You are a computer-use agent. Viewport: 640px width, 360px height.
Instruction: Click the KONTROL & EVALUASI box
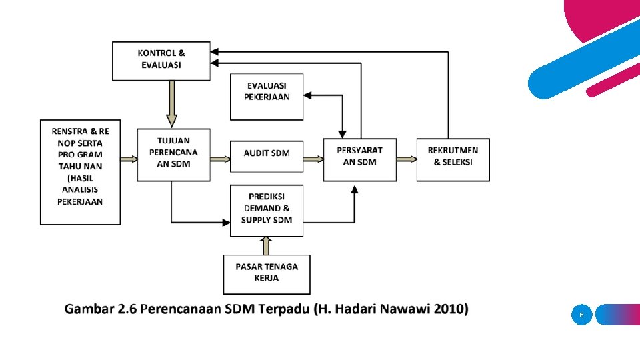point(161,61)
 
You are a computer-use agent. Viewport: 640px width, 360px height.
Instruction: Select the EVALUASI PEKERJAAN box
point(267,97)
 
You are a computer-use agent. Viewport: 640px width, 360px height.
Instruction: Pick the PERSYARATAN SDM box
point(359,159)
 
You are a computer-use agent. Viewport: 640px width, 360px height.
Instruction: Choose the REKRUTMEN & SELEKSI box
point(453,159)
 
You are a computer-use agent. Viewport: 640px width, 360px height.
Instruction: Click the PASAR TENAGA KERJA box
point(267,274)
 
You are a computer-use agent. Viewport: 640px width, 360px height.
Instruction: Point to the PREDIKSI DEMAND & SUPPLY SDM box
point(267,211)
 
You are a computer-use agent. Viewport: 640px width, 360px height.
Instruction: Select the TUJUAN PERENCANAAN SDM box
point(173,155)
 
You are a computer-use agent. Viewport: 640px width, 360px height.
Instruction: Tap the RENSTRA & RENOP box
point(81,172)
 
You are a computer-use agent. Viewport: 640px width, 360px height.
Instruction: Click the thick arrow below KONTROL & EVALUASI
point(171,104)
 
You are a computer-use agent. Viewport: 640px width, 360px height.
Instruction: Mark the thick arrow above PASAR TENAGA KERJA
point(267,245)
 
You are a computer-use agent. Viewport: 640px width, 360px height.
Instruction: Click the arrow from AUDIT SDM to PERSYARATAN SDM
point(313,159)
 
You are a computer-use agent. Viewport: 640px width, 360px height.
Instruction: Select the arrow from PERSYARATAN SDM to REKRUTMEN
point(407,159)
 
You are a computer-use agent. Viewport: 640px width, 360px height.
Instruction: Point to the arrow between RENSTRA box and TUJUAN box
point(129,159)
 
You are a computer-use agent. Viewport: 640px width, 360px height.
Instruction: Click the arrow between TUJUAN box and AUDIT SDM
point(220,159)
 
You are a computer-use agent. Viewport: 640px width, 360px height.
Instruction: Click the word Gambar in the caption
point(89,309)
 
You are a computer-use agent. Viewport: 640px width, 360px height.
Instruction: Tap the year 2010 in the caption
point(450,309)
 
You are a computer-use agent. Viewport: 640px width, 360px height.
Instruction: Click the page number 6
point(581,315)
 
